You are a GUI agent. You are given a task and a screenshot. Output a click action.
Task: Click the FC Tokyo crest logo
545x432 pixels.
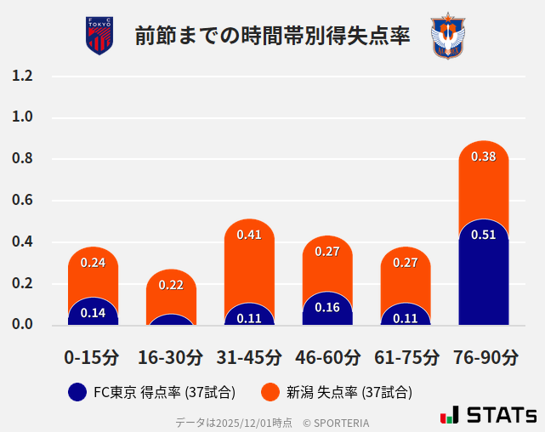pos(99,36)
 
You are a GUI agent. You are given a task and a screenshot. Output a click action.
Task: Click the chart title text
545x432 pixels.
pos(272,37)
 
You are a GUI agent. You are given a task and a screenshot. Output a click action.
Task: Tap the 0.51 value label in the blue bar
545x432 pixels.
pos(483,235)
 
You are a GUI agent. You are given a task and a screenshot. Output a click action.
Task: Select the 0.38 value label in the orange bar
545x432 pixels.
pos(483,156)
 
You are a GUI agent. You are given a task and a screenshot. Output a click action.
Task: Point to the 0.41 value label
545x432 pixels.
pos(249,235)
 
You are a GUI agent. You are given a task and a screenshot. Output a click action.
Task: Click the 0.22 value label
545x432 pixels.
pos(171,285)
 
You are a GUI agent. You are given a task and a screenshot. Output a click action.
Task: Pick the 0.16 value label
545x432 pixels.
pos(327,307)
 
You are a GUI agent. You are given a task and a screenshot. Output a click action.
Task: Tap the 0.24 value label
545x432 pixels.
pos(93,263)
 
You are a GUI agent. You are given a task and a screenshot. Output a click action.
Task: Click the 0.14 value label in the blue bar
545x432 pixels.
pos(93,313)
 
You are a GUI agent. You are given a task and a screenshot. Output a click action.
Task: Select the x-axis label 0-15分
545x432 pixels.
pos(92,357)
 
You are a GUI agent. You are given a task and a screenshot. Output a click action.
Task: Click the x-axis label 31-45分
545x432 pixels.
pos(249,357)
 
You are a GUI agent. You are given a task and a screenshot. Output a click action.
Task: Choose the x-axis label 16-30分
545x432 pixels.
pos(170,357)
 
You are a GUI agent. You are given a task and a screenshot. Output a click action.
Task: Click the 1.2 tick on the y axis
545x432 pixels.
pos(23,76)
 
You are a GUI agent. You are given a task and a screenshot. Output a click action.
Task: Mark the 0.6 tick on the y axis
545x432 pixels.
pos(23,201)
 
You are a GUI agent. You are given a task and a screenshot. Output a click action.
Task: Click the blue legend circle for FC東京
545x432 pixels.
pos(77,392)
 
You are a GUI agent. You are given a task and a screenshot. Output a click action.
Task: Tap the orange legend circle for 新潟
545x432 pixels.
pos(270,392)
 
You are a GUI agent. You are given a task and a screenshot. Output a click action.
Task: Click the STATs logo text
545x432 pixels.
pos(502,415)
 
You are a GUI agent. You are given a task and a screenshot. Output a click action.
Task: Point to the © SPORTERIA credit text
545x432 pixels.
pos(336,423)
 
